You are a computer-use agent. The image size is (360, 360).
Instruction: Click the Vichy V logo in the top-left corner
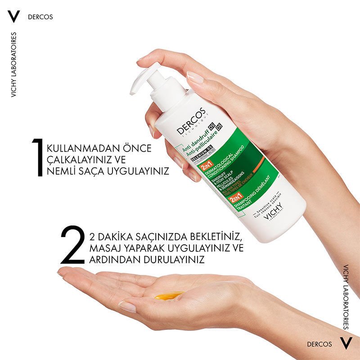(14, 16)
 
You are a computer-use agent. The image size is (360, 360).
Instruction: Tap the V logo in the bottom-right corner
(345, 344)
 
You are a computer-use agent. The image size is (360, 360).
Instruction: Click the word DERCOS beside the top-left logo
(40, 17)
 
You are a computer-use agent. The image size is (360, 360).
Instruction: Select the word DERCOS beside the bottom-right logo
(319, 344)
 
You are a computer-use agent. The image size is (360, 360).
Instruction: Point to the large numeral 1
(38, 157)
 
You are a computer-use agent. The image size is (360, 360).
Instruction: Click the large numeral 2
(72, 245)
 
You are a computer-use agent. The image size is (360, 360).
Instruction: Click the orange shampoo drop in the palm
(169, 295)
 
